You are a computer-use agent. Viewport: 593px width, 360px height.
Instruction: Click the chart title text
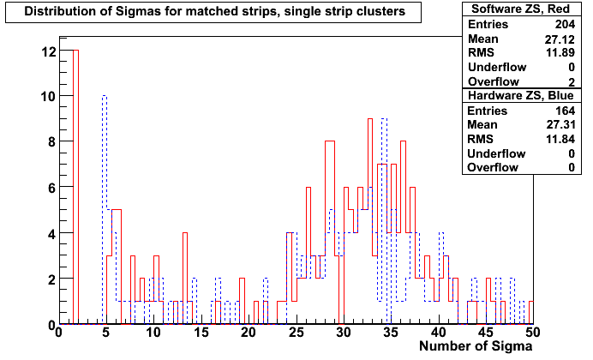tap(214, 11)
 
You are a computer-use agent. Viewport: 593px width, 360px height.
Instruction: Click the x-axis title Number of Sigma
tap(476, 346)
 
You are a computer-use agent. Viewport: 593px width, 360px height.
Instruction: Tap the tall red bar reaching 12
tap(75, 187)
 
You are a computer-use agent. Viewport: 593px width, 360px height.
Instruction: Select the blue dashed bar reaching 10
tap(105, 210)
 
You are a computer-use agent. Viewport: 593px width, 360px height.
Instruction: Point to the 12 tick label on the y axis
tap(48, 51)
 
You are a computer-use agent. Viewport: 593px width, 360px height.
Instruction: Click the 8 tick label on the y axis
tap(51, 141)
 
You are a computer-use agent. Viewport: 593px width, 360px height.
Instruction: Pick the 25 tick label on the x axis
tap(296, 333)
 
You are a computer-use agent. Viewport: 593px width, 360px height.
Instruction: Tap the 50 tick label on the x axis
tap(533, 333)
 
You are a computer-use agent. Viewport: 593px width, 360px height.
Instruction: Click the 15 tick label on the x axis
tap(201, 333)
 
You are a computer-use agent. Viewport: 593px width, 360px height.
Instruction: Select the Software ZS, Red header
tap(521, 9)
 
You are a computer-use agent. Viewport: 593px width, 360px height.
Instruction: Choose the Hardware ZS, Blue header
tap(521, 95)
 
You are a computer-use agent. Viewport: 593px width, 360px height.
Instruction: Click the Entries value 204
tap(565, 24)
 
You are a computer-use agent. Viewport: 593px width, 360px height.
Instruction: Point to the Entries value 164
tap(565, 111)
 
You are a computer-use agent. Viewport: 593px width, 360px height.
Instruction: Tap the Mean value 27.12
tap(560, 39)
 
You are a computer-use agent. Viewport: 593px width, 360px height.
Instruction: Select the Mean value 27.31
tap(560, 124)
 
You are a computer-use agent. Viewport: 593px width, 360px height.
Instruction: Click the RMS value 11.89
tap(560, 52)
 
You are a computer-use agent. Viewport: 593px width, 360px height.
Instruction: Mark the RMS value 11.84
tap(560, 139)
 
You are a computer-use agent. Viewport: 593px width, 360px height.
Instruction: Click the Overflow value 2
tap(572, 82)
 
